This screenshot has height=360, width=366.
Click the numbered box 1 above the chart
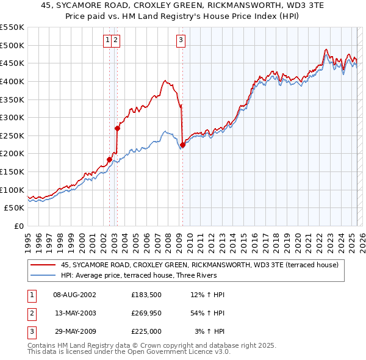tap(107, 41)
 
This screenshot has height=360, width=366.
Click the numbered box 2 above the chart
tap(115, 41)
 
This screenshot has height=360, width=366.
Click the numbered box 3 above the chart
tap(181, 41)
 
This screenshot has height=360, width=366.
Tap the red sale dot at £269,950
tap(117, 128)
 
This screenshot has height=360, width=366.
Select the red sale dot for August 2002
tap(109, 160)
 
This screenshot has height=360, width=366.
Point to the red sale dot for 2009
tap(182, 145)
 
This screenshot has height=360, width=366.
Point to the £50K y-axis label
tap(15, 208)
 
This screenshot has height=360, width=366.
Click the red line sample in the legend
tap(43, 265)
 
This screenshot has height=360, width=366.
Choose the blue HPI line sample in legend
tap(43, 275)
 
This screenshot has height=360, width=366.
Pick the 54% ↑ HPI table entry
tap(207, 313)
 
